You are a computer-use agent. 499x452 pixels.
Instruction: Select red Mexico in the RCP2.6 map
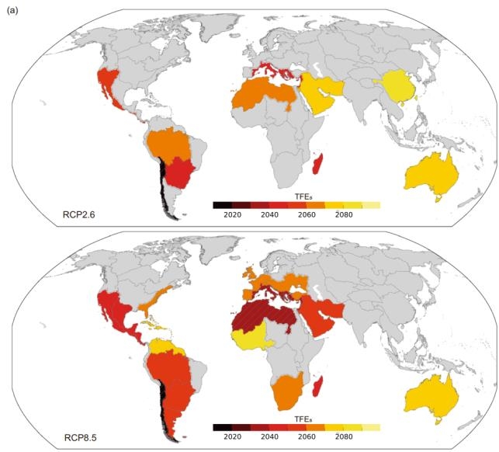(x=109, y=84)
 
